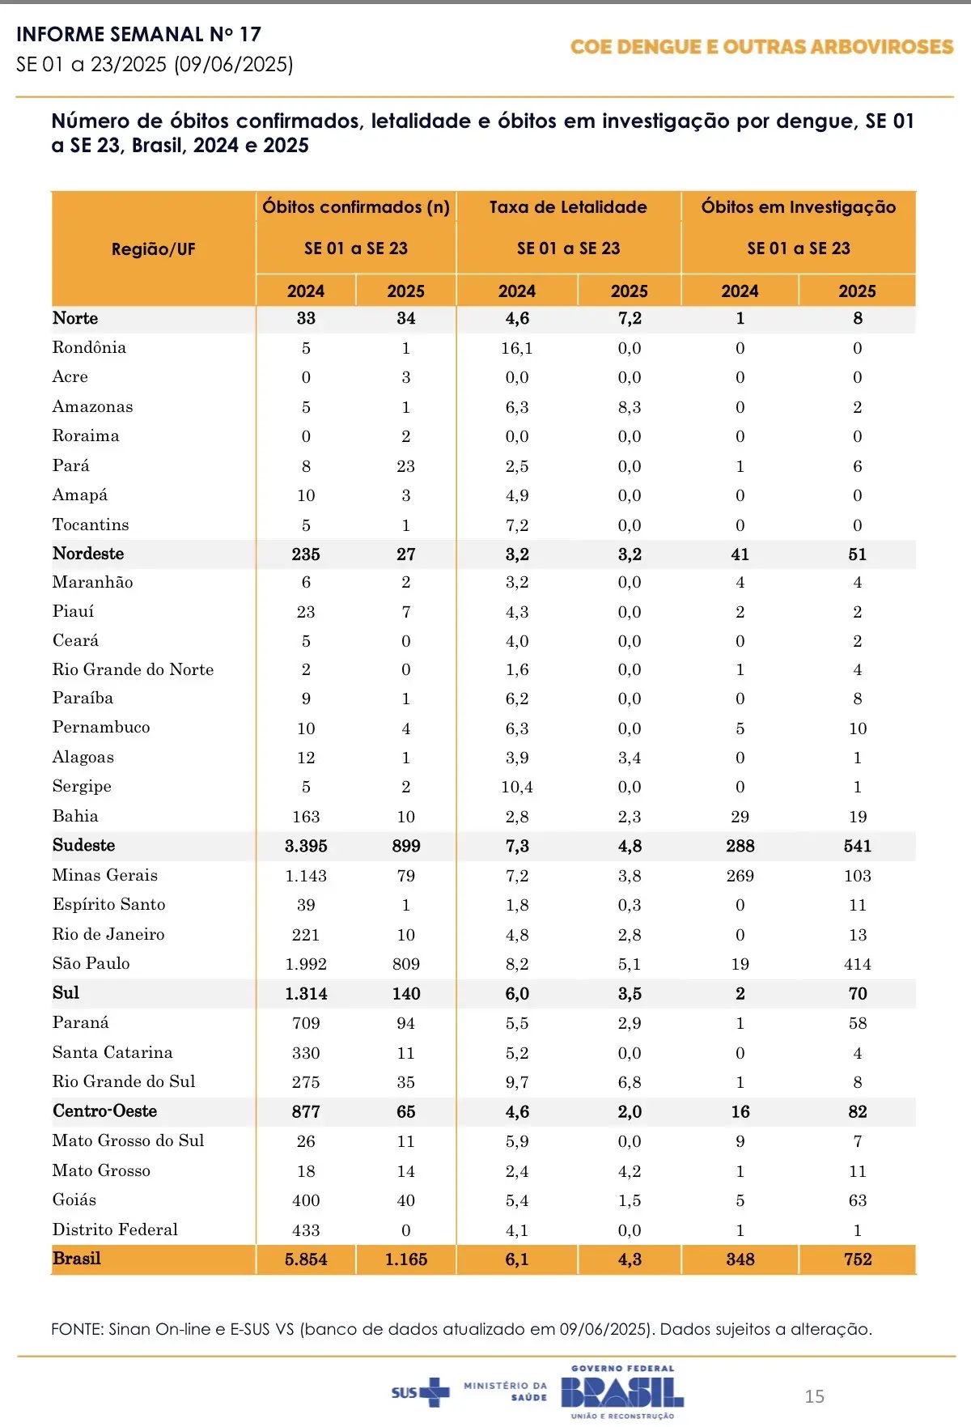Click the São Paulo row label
[x=91, y=963]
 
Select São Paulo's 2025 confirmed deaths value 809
[x=405, y=964]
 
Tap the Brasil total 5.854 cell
[x=306, y=1259]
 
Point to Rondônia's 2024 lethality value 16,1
[x=516, y=348]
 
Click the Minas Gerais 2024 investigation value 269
[x=740, y=876]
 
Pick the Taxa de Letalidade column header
[x=568, y=207]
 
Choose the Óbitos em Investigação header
[x=798, y=207]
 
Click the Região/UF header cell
[x=153, y=249]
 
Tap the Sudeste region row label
[x=83, y=845]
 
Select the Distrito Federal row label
[x=115, y=1230]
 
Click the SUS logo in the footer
[x=419, y=1392]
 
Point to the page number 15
[x=814, y=1396]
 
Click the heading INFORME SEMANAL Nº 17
[x=138, y=34]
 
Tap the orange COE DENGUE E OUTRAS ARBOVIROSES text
[x=761, y=47]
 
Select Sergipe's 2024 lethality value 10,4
[x=516, y=787]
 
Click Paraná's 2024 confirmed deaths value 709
[x=306, y=1023]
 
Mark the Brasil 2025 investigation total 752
[x=857, y=1259]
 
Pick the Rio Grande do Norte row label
[x=133, y=669]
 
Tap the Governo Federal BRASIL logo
[x=622, y=1392]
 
